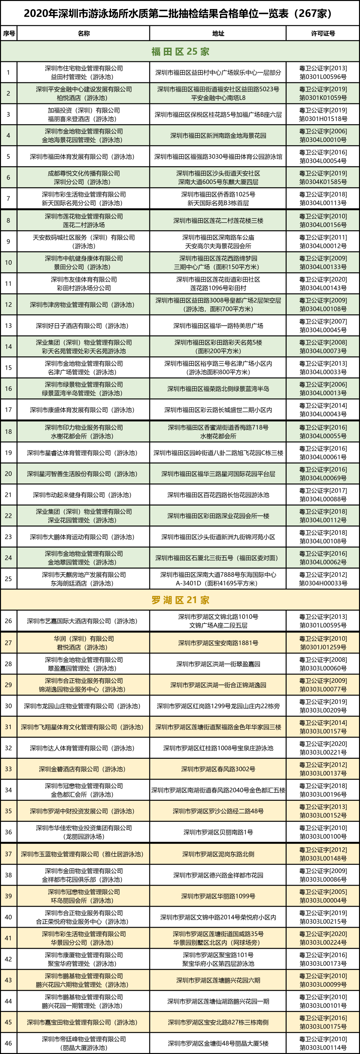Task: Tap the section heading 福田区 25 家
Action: (x=180, y=52)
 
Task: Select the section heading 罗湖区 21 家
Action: (x=180, y=600)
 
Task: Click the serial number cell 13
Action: (x=9, y=326)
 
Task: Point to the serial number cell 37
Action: (x=9, y=854)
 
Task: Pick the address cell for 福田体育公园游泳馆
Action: (x=218, y=157)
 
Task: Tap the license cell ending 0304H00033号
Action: (x=323, y=579)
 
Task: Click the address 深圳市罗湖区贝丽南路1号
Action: (x=218, y=832)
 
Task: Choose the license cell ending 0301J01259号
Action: (x=323, y=643)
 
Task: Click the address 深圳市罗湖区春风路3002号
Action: (x=218, y=769)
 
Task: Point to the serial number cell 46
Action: (x=9, y=1043)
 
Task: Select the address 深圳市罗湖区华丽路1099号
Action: (x=218, y=896)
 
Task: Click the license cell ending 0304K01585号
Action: (x=323, y=178)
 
